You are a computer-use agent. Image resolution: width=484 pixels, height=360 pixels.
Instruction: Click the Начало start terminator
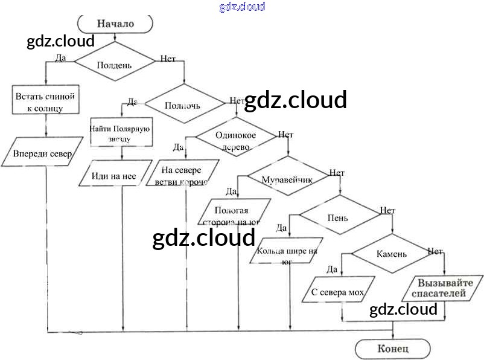click(115, 24)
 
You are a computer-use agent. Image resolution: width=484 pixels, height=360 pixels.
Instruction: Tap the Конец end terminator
click(393, 349)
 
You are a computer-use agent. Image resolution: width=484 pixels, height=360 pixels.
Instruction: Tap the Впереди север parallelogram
click(43, 154)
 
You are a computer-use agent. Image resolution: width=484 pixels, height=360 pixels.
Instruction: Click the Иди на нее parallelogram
click(115, 176)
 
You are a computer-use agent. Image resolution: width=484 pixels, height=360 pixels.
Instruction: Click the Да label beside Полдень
click(60, 58)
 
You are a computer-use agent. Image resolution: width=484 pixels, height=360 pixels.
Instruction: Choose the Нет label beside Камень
click(435, 251)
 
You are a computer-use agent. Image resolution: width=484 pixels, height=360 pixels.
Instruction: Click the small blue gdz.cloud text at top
click(242, 7)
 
